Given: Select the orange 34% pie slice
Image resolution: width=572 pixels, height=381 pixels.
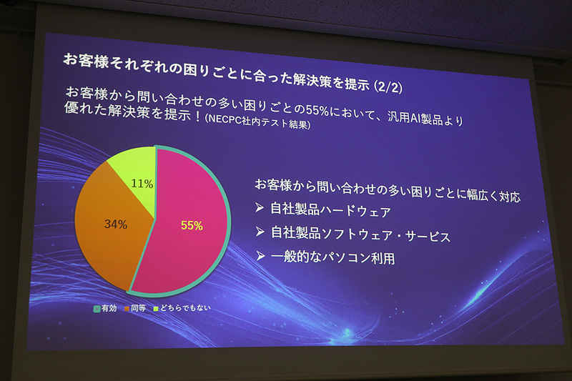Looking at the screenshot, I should (107, 229).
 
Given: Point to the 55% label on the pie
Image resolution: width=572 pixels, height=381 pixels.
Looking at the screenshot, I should (192, 225).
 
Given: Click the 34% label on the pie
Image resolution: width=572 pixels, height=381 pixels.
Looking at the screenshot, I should (116, 224).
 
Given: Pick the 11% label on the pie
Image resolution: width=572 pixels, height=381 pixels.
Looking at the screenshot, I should (142, 184).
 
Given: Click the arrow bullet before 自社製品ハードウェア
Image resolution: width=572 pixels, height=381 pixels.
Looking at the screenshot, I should (260, 212).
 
